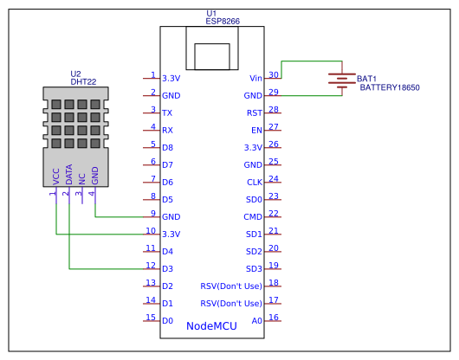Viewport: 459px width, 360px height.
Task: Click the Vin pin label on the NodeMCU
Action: (255, 79)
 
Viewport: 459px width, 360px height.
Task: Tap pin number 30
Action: (274, 75)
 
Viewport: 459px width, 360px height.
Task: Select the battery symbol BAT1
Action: (342, 80)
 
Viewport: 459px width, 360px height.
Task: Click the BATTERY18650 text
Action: (390, 87)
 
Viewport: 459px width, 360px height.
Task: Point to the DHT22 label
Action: (83, 82)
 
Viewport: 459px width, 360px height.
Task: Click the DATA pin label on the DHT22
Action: (68, 175)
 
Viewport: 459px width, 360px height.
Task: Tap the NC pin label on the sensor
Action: (82, 179)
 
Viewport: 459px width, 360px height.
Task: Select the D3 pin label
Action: (167, 269)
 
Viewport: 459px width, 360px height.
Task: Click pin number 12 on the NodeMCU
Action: (151, 266)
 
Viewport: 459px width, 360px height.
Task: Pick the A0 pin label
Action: (256, 321)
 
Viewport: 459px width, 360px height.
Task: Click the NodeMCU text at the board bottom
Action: (211, 326)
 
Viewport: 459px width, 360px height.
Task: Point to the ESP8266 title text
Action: (223, 22)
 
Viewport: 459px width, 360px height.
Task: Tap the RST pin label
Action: (255, 112)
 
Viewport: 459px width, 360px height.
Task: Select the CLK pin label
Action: (255, 183)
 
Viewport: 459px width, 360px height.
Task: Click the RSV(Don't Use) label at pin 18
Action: (231, 286)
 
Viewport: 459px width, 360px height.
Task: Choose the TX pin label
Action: (167, 112)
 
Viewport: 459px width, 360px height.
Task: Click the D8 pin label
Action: (167, 147)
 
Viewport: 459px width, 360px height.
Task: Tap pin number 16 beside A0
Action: (274, 318)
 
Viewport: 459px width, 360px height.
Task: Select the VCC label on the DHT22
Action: (56, 177)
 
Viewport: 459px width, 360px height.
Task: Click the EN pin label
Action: (256, 130)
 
